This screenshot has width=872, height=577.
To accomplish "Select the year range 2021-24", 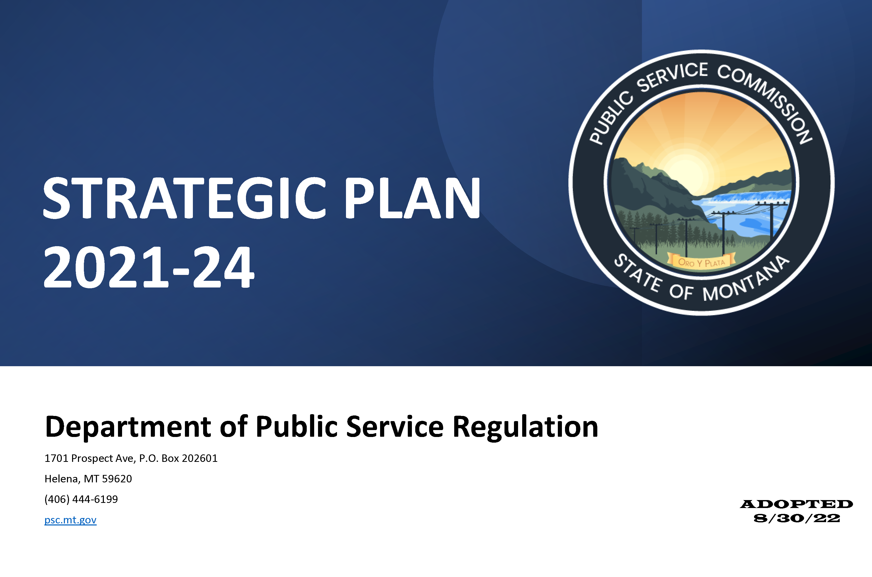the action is click(149, 267).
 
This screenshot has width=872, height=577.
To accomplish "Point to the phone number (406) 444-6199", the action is click(81, 499).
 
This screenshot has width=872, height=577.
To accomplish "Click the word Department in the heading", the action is click(128, 427).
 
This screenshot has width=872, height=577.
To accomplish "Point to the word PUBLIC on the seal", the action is click(611, 118).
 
